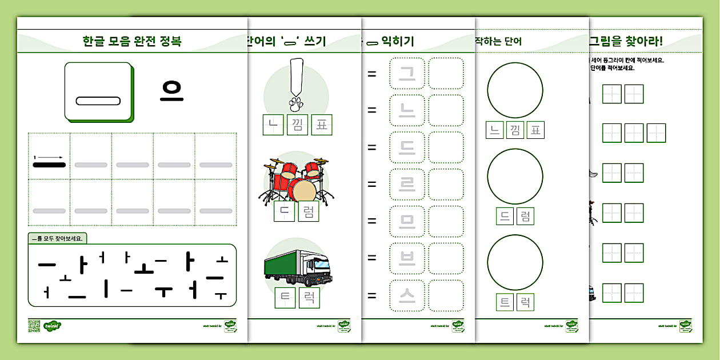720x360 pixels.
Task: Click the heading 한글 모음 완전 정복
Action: [132, 42]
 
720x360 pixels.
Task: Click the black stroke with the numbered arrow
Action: [49, 165]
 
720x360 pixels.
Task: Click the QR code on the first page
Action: [34, 326]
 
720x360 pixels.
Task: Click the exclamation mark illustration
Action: [295, 84]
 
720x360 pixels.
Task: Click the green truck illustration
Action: [298, 268]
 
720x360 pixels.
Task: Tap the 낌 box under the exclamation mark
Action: [297, 125]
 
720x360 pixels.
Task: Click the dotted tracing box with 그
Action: [407, 73]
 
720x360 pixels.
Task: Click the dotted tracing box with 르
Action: [407, 185]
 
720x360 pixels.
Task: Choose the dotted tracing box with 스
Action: [407, 295]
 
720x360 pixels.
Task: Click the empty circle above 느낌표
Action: [515, 90]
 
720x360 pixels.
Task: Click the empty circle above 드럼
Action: [515, 177]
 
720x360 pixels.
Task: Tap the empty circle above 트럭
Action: [515, 263]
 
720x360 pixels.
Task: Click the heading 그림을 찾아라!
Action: [626, 41]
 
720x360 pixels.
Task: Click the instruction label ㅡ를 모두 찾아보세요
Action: [59, 239]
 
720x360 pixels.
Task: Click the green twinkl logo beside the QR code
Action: [52, 326]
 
